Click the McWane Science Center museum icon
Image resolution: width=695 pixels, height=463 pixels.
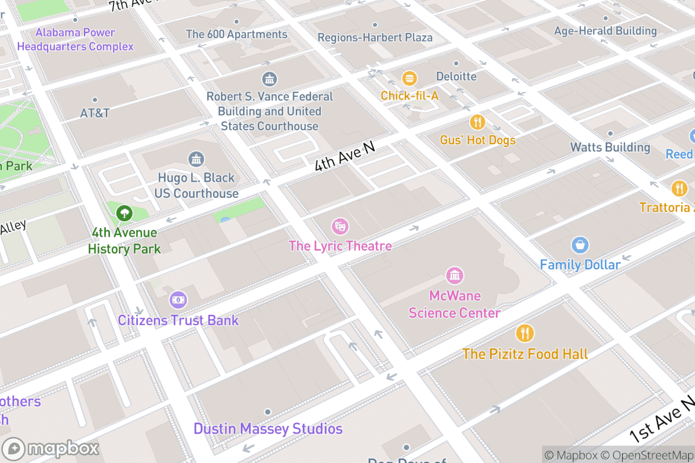point(455,275)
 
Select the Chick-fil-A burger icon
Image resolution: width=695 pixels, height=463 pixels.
point(409,78)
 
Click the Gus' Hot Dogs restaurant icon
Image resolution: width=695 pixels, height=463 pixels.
point(477,122)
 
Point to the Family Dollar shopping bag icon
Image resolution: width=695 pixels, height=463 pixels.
point(580,245)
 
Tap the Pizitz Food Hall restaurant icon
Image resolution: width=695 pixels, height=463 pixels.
point(525,333)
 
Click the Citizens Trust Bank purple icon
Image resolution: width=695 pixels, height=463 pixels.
point(178,300)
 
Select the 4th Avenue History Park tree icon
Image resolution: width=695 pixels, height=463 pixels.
point(124,213)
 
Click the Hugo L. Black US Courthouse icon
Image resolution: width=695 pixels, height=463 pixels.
point(196,159)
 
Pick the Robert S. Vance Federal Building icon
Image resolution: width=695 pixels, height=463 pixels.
point(269,79)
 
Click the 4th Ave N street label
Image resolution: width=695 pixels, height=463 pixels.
point(344,156)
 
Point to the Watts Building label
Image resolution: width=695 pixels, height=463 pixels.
point(610,147)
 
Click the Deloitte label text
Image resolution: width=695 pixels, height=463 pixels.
point(456,76)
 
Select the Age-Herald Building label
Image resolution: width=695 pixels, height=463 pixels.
point(605,31)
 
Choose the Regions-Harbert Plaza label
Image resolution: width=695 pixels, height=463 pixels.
point(375,38)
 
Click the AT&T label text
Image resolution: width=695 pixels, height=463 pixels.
point(95,113)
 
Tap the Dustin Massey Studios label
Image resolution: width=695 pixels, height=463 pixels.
point(268,429)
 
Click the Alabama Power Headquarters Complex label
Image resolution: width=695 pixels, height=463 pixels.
point(75,39)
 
